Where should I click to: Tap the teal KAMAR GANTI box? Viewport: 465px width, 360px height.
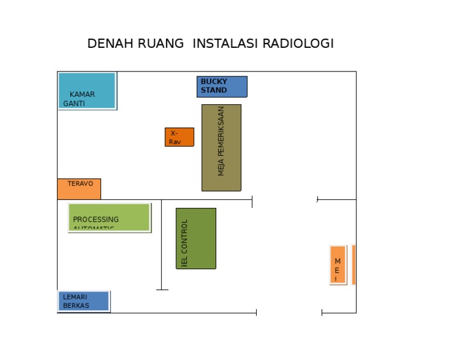coord(87,90)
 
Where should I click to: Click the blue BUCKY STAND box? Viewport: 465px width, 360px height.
coord(222,86)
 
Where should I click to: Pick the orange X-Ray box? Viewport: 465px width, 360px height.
coord(179,137)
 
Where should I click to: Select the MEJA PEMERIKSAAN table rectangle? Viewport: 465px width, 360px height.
coord(221,147)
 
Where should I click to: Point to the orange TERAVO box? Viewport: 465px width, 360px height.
coord(79,188)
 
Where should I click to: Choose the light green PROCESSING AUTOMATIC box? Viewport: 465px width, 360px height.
coord(108,217)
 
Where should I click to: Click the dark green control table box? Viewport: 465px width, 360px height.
coord(196,238)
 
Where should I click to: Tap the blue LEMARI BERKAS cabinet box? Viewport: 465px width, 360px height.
coord(84,301)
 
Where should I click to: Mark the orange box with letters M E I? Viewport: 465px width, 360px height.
coord(337,265)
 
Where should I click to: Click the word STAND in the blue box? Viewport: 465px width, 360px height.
coord(214,90)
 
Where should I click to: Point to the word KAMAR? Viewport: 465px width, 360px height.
coord(82,95)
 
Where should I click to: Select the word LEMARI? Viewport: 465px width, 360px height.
coord(75,298)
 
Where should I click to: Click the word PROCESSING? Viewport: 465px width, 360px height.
coord(96,219)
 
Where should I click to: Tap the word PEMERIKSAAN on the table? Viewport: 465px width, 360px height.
coord(221,132)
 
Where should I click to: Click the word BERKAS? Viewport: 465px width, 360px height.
coord(76,305)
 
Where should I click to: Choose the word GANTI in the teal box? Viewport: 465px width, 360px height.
coord(74,104)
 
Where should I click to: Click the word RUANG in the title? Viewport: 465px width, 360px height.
coord(160,44)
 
